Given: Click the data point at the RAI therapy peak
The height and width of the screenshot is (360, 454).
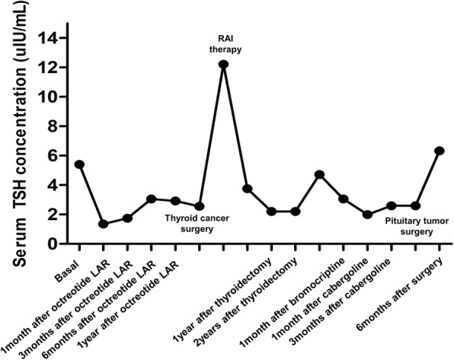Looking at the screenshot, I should pos(223,65).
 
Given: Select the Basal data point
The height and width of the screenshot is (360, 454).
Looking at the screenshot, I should pos(79,164).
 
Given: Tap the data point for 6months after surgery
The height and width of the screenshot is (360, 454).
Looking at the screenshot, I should pos(439,151).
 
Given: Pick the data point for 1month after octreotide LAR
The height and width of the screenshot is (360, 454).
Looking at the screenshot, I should pos(103,225).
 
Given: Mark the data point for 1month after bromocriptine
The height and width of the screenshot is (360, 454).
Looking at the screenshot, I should pos(319,174).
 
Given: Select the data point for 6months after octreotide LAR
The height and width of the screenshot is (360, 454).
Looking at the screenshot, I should pos(151,199).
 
